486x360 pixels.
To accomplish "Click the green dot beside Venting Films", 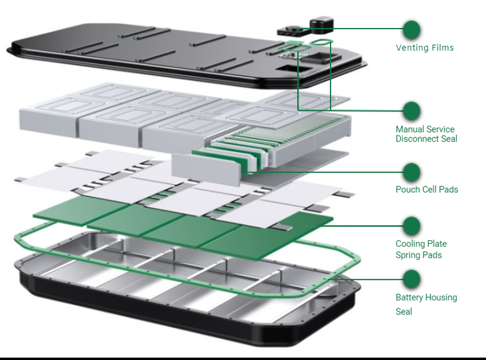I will coord(412,29).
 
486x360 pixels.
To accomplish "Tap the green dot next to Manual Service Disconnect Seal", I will coord(412,111).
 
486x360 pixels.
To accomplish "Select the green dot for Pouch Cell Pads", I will coord(412,171).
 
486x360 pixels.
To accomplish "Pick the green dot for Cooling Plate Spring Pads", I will coord(412,226).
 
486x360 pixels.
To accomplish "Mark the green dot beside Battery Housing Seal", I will coord(412,279).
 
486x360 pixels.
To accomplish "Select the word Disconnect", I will coord(419,139).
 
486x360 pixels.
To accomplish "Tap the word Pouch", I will coord(408,190).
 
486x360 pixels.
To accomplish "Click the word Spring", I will coord(409,255).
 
